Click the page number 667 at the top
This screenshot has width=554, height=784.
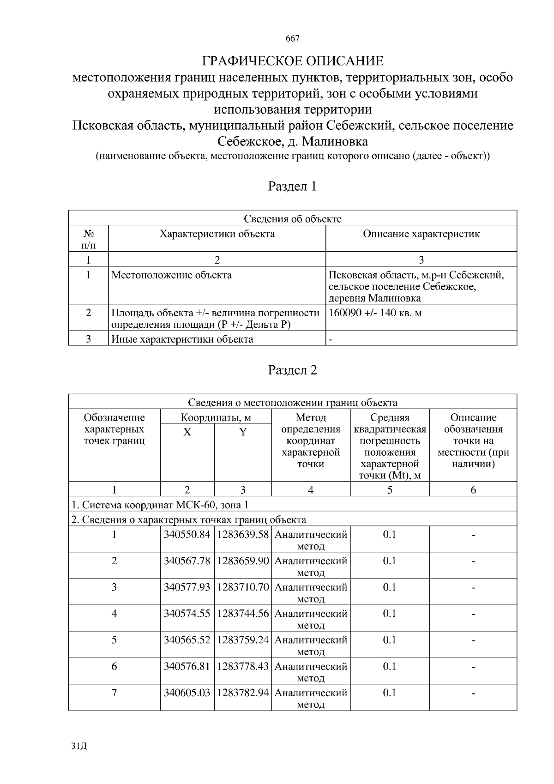click(293, 39)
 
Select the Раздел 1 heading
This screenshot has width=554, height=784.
click(293, 187)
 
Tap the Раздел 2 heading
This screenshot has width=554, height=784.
click(293, 370)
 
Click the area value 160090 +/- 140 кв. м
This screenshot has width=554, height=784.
click(375, 313)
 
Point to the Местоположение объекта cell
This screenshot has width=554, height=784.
click(172, 276)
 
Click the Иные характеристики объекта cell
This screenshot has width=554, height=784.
click(182, 339)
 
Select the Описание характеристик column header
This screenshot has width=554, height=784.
click(421, 234)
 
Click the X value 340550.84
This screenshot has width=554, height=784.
click(187, 535)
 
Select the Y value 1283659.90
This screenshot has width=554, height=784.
click(243, 561)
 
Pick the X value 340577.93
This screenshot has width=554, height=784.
click(187, 587)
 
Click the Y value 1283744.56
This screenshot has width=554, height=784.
click(243, 614)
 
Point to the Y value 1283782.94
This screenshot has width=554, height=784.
click(243, 693)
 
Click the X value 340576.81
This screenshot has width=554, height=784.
click(187, 666)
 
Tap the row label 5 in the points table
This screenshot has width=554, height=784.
click(114, 640)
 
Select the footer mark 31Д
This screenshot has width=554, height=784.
click(79, 747)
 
